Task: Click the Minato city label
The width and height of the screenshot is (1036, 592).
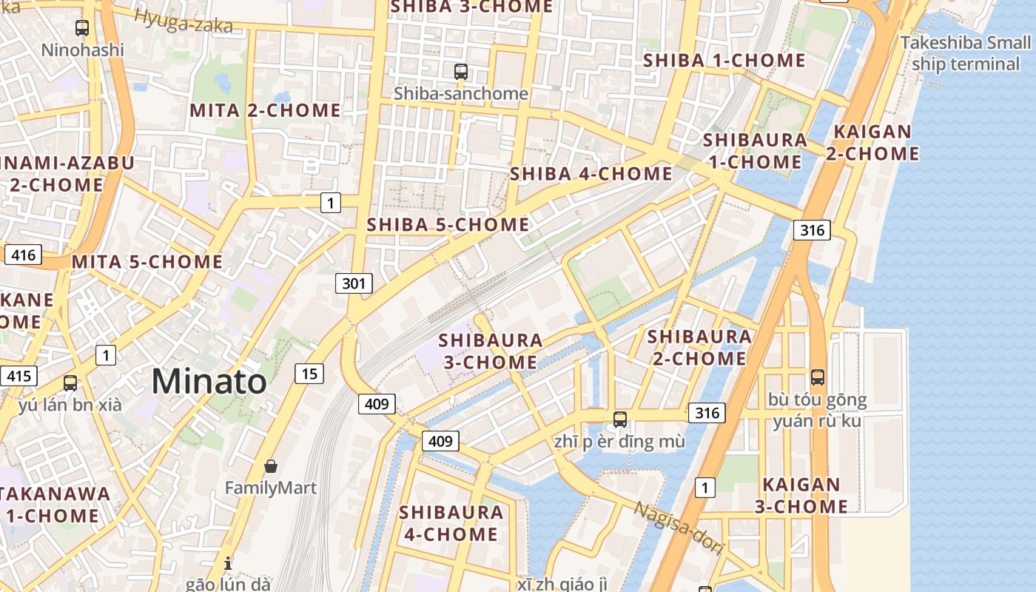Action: coord(209,382)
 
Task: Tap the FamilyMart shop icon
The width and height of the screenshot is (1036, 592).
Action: coord(271,466)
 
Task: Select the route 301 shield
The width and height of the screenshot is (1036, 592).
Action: coord(354,283)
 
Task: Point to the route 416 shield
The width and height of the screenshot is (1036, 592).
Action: coord(23,255)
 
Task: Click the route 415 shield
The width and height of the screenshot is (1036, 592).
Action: coord(18,376)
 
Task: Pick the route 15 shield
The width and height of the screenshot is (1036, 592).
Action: coord(309,374)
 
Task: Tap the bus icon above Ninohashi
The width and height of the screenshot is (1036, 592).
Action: coord(82,28)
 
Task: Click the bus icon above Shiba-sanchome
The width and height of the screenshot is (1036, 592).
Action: coord(461,72)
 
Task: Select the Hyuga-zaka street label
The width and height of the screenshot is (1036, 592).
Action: coord(184,21)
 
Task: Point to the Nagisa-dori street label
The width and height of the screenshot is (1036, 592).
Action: coord(679,529)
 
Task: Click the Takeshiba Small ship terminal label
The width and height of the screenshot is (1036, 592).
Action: coord(965,53)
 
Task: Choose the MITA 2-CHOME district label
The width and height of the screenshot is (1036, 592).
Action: coord(265,111)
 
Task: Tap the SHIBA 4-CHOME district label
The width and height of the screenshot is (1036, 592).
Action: coord(591,174)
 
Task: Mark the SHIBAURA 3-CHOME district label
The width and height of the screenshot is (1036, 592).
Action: coord(490,351)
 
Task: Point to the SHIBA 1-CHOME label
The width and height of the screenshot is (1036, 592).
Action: coord(724,61)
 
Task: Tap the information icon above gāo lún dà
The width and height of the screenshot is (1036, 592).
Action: coord(228,562)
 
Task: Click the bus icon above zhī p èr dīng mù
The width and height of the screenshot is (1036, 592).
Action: coord(620,420)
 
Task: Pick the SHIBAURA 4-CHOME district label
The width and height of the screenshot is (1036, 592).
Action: coord(451,522)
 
